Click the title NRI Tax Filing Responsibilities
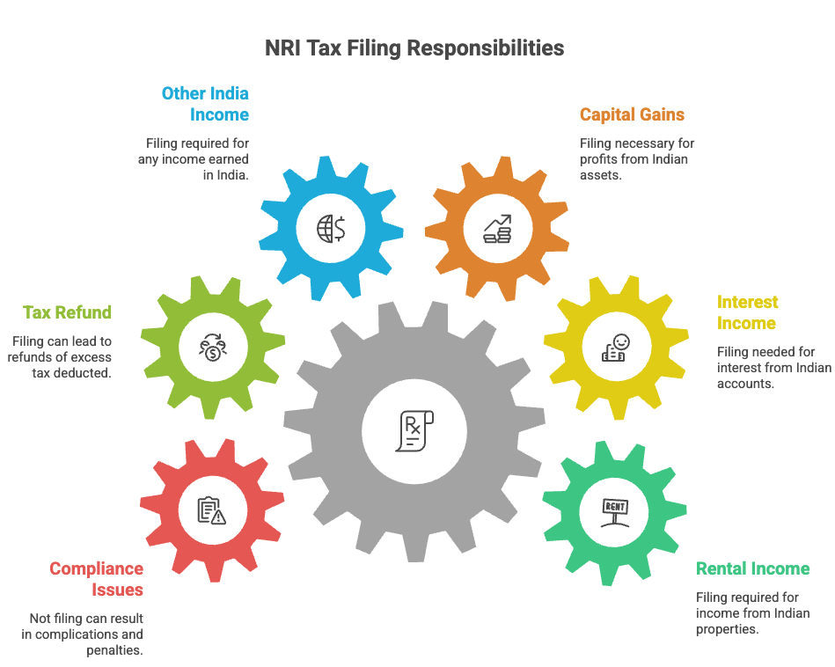[414, 48]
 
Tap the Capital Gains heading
[632, 114]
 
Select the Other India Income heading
[206, 104]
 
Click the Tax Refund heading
[68, 312]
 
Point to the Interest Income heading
[747, 312]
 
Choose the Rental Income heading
[752, 568]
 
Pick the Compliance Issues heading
[97, 579]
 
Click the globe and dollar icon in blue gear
[331, 228]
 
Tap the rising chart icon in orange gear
[497, 228]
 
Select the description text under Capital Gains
[637, 158]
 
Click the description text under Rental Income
[752, 612]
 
